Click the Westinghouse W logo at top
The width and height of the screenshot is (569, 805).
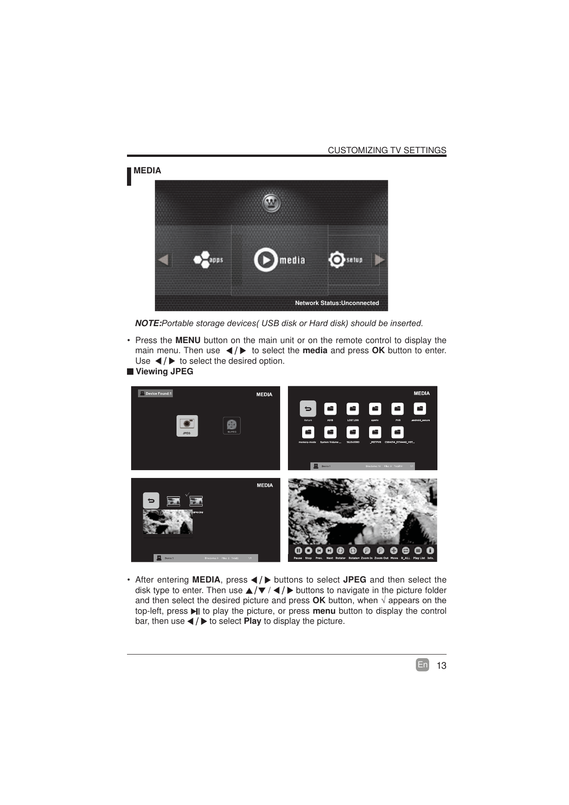tap(271, 203)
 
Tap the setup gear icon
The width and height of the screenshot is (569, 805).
tap(337, 260)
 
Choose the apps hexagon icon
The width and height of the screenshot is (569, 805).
tap(201, 260)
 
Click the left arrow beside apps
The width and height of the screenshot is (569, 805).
tap(163, 260)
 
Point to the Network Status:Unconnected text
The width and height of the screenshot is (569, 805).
tap(337, 303)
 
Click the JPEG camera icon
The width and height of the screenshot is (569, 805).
tap(187, 424)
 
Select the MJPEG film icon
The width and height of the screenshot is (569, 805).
tap(232, 424)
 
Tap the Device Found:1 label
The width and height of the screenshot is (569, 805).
tap(155, 393)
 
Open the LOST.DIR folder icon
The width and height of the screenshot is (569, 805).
tap(353, 409)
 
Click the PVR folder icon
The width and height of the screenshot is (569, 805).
tap(398, 409)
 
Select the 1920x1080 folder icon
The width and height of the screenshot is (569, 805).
tap(353, 432)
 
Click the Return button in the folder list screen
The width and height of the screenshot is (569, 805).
tap(308, 409)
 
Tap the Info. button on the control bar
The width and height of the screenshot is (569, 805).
tap(430, 550)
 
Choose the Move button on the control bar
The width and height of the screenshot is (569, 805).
tap(394, 550)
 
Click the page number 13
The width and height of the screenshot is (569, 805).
tap(441, 666)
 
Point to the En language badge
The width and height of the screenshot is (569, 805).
tap(422, 665)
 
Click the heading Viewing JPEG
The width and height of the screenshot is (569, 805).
tap(164, 372)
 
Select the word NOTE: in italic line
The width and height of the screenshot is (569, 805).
tap(148, 323)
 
